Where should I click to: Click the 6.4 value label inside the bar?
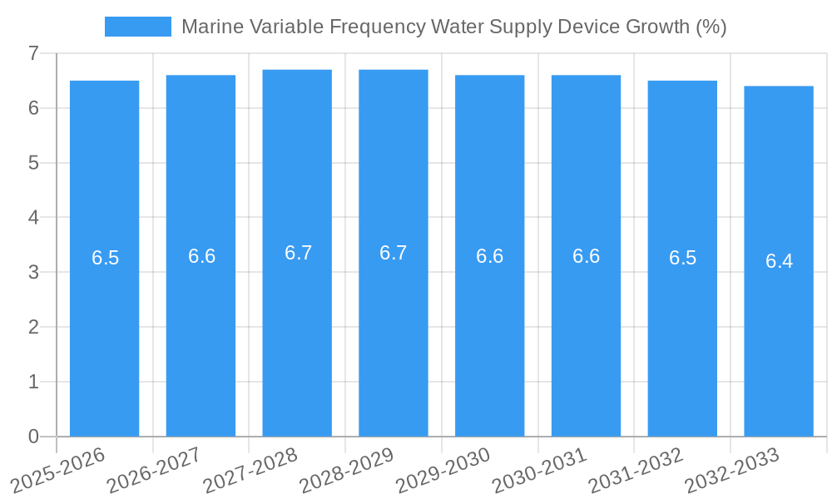tap(779, 261)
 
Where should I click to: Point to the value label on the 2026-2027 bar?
tap(201, 256)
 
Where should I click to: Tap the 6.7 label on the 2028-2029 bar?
tap(394, 253)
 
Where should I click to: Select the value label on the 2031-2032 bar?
tap(682, 258)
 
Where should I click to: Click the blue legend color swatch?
tap(137, 27)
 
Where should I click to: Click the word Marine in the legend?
tap(208, 27)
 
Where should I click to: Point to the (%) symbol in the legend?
tap(710, 27)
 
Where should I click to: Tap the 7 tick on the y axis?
tap(33, 53)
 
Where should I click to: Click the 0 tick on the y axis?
tap(33, 437)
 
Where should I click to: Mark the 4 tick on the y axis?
tap(33, 218)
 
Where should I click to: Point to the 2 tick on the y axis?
tap(33, 327)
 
